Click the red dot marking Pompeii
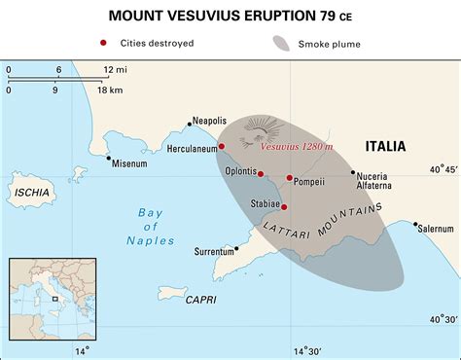[290, 178]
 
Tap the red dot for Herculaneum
[222, 146]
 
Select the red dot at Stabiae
[283, 206]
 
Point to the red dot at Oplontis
[261, 174]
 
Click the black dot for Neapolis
[189, 125]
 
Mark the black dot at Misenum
[108, 158]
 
